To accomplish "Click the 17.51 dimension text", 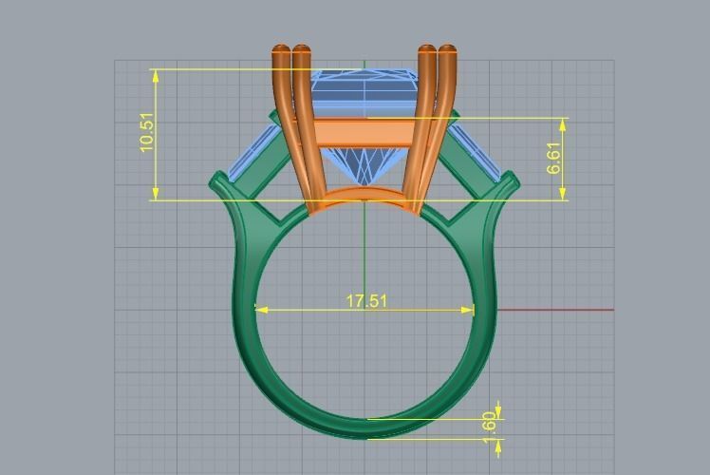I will pos(366,301).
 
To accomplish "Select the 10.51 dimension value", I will pos(146,132).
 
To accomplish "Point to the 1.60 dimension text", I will pos(490,426).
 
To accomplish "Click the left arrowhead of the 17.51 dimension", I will pos(260,309).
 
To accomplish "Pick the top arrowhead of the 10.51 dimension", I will pos(156,73).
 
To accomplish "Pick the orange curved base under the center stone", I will pos(365,198).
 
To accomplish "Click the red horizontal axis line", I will pos(560,309).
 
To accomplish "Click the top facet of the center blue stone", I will pos(364,76).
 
